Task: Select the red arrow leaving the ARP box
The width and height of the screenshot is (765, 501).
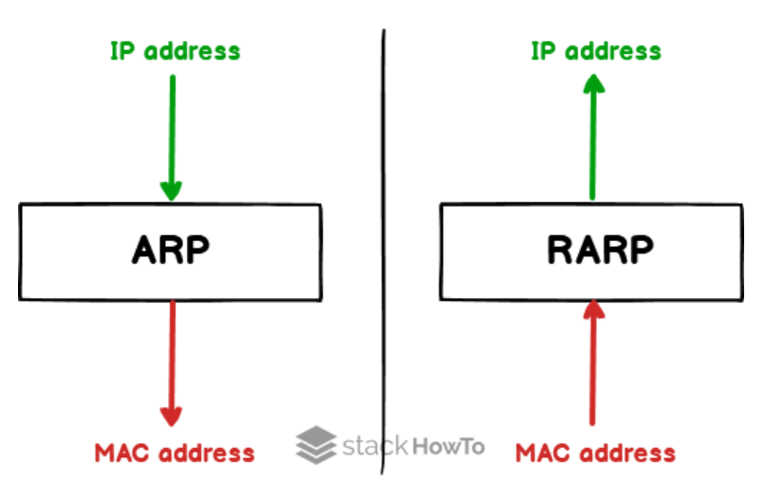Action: pos(171,361)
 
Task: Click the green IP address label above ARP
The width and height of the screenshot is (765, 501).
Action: pos(176,50)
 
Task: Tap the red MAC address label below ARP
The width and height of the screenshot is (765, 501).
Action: pos(175,453)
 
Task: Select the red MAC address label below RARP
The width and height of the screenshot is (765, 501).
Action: pos(596,453)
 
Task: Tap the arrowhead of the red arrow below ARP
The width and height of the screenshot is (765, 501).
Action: pos(171,414)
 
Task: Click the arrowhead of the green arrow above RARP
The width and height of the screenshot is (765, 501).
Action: pos(593,87)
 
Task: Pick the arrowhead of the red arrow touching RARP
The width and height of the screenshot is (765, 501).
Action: pos(593,310)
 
